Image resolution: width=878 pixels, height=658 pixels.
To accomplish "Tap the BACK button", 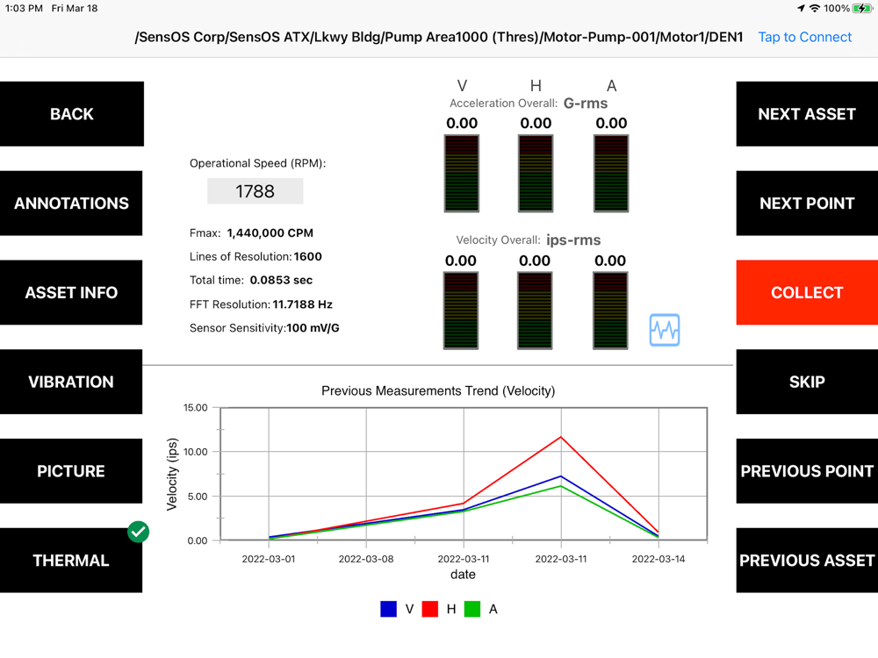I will pos(71,114).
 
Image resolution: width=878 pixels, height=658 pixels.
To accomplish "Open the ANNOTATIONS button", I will pos(71,204).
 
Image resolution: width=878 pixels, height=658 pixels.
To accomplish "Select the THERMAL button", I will pos(71,561).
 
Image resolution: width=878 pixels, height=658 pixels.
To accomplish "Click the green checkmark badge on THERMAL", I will pos(138,531).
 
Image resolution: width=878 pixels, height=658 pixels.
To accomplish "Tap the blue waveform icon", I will pos(665,330).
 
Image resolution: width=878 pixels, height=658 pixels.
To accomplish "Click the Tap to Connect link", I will pos(804,37).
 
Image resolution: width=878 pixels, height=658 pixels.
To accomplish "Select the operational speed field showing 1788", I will pos(255,191).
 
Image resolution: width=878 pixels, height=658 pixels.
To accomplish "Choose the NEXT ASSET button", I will pos(806,114).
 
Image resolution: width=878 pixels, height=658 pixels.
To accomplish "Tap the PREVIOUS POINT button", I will pos(806,471).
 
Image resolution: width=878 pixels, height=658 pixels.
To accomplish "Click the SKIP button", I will pos(806,382).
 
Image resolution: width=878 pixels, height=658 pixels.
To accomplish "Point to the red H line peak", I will pos(561,437).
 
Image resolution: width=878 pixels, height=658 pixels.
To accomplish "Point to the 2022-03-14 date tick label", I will pos(658,558).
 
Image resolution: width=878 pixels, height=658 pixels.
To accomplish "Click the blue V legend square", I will pos(388,609).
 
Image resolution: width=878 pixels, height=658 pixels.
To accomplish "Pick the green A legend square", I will pos(472,609).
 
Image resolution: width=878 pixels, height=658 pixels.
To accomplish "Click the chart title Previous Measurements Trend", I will pos(438,390).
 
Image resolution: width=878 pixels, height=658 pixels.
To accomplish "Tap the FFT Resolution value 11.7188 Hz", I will pos(303,304).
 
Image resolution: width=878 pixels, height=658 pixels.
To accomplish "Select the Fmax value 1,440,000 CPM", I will pos(270,233).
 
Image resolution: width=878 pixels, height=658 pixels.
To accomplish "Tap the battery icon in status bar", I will pos(862,8).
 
